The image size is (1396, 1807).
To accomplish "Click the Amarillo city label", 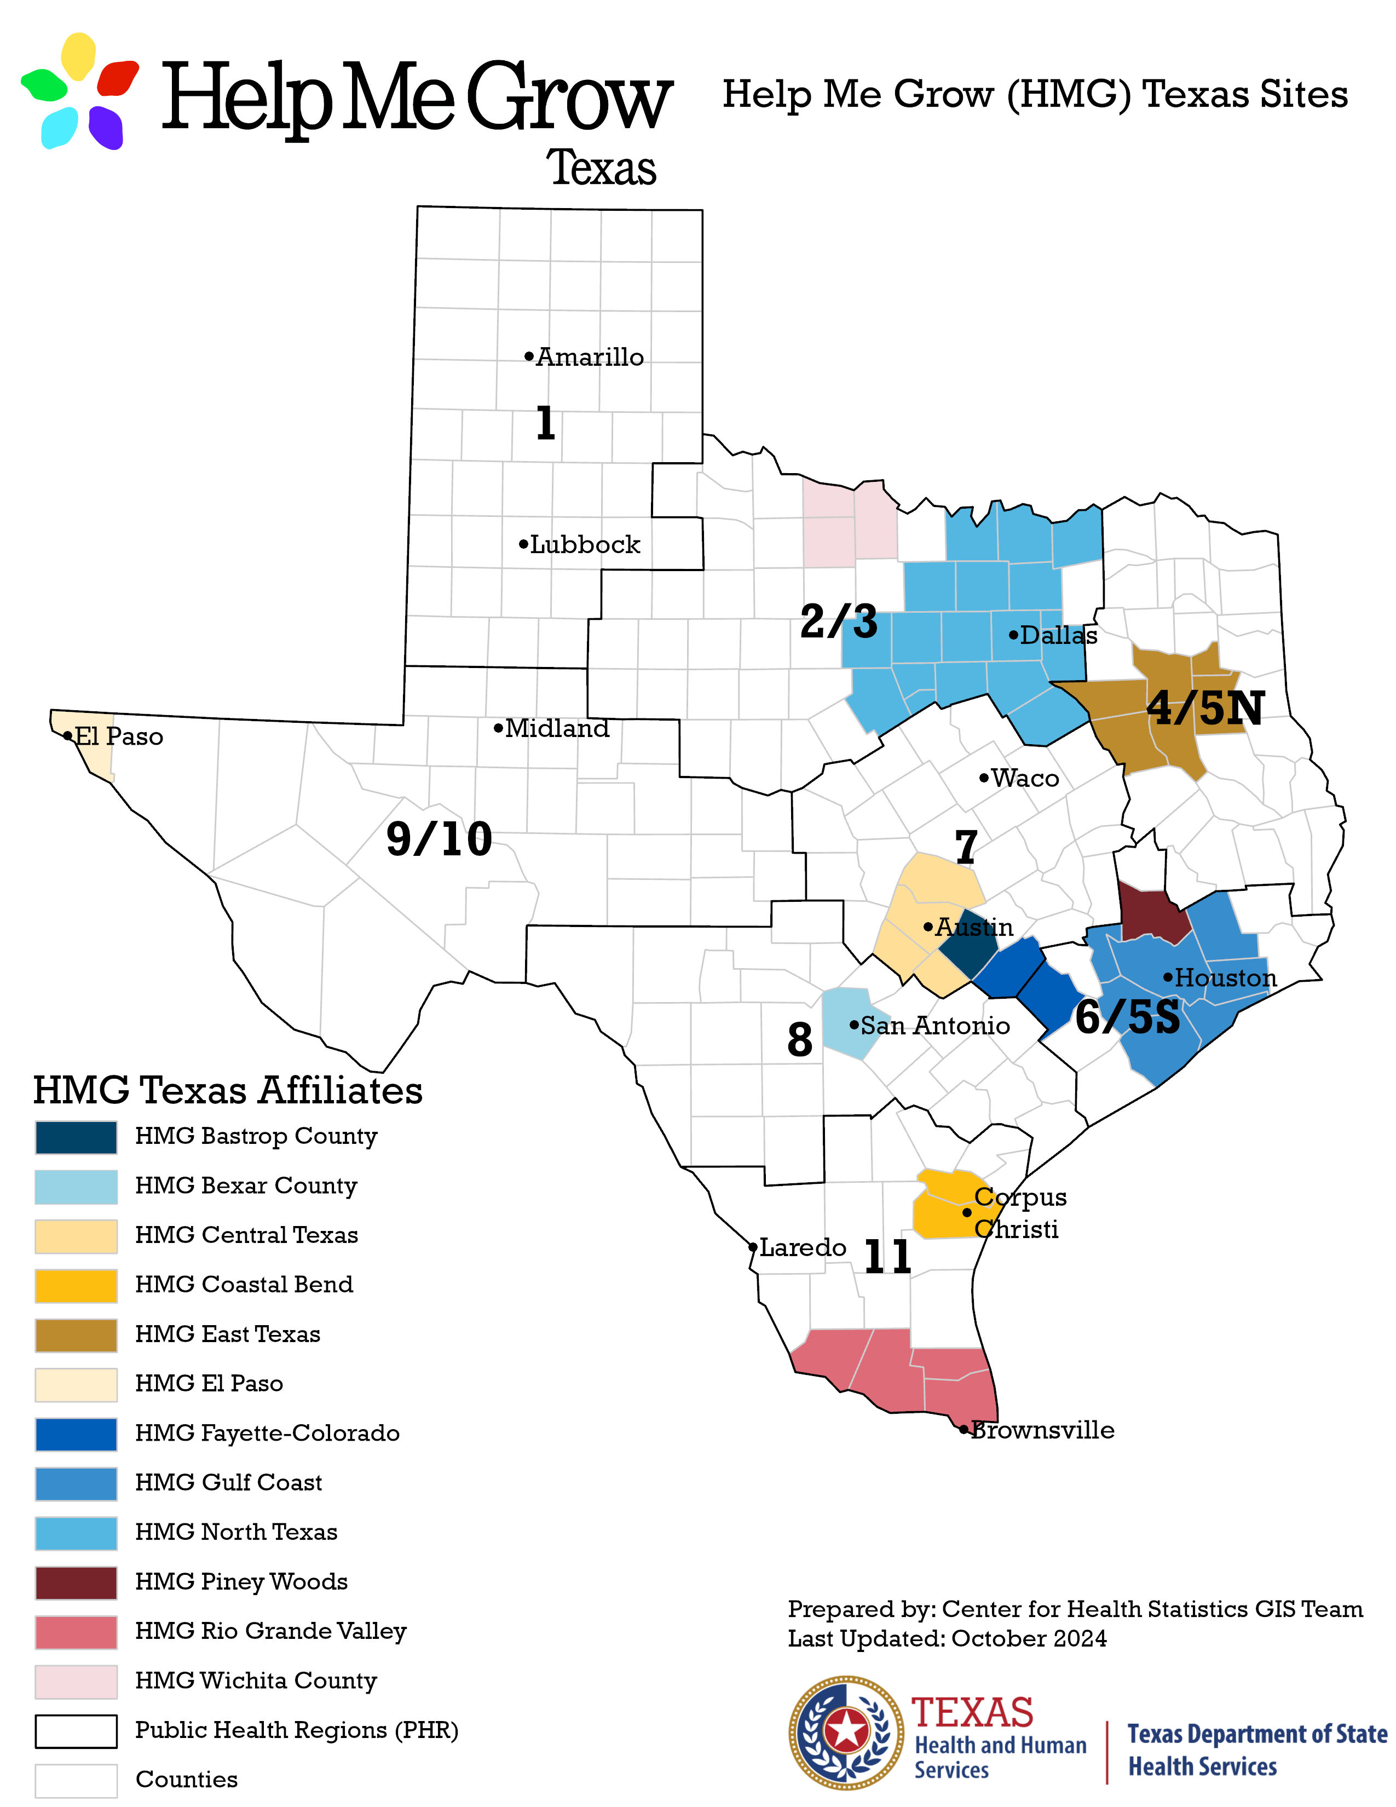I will click(590, 358).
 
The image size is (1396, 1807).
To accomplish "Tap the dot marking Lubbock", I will click(523, 544).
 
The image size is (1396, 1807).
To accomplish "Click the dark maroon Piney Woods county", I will click(1148, 912).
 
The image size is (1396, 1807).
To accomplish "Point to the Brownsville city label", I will click(1042, 1430).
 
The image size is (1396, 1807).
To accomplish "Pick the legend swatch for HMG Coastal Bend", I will click(76, 1285).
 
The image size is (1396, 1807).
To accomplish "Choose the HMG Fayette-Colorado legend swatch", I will click(76, 1434).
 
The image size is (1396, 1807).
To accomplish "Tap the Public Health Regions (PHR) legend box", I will click(76, 1731).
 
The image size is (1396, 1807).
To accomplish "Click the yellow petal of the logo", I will click(79, 55).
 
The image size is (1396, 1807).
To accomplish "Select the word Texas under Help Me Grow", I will click(601, 168).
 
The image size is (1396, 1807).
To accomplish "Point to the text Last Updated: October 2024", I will click(947, 1638).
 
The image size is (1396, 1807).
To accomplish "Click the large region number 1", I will click(545, 423).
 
